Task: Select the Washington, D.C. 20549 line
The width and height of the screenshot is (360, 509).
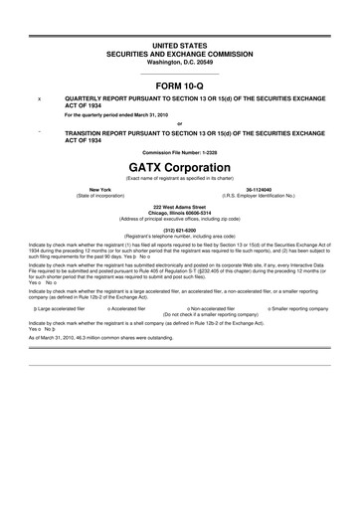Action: click(180, 62)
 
